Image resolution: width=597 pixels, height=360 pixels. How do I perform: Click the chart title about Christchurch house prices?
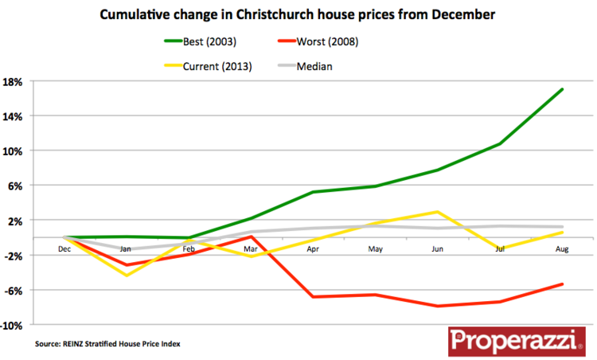pyautogui.click(x=298, y=14)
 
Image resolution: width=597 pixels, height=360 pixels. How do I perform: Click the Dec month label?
pyautogui.click(x=64, y=248)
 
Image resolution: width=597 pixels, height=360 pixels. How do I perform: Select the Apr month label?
pyautogui.click(x=313, y=248)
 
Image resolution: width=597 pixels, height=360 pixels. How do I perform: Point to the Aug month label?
pyautogui.click(x=562, y=248)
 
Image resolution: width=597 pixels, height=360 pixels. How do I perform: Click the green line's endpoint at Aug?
pyautogui.click(x=562, y=89)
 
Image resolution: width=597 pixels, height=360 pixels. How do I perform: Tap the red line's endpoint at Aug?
pyautogui.click(x=562, y=284)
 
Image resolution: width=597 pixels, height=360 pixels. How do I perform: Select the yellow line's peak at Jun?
pyautogui.click(x=437, y=212)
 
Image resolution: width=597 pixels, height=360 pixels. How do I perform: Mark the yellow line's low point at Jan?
pyautogui.click(x=126, y=275)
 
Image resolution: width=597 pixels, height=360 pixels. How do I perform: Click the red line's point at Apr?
pyautogui.click(x=313, y=297)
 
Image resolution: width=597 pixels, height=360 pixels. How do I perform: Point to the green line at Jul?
pyautogui.click(x=500, y=143)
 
